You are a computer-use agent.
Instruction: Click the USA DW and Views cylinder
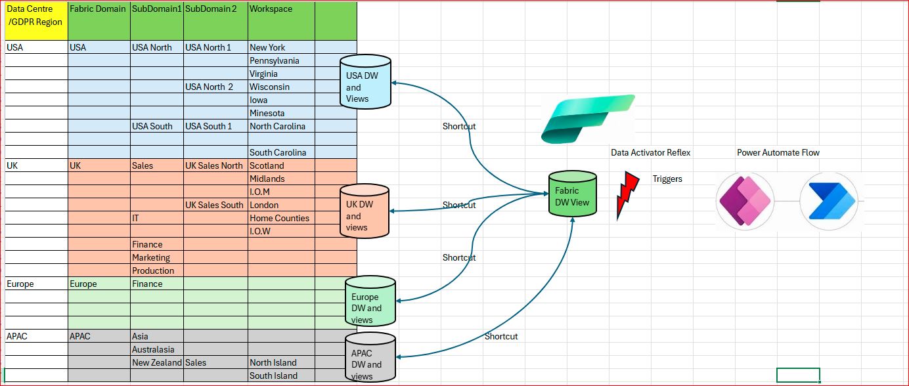click(x=365, y=82)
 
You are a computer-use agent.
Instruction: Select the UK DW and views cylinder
click(x=365, y=211)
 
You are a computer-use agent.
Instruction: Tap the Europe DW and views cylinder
click(x=370, y=301)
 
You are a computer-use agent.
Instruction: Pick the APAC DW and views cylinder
click(x=370, y=357)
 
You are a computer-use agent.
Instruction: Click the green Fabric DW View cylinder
click(x=573, y=194)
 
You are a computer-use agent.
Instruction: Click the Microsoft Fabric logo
click(x=588, y=119)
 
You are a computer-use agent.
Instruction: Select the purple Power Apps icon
click(x=745, y=201)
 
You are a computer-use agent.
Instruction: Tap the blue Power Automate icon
click(x=829, y=201)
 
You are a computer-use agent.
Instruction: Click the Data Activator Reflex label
click(x=650, y=152)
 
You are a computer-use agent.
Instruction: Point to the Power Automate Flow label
click(x=778, y=152)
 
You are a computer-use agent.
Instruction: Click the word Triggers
click(x=667, y=179)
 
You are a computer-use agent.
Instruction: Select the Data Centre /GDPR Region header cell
click(x=37, y=21)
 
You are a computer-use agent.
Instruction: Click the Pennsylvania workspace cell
click(x=281, y=60)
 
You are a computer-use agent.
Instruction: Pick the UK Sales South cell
click(x=215, y=205)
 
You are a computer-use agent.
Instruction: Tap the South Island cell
click(x=281, y=375)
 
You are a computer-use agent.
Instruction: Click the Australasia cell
click(x=156, y=349)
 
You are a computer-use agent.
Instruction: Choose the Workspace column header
click(x=281, y=21)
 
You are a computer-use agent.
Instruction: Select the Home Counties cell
click(x=281, y=218)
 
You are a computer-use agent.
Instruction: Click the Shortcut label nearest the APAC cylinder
click(x=501, y=336)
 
